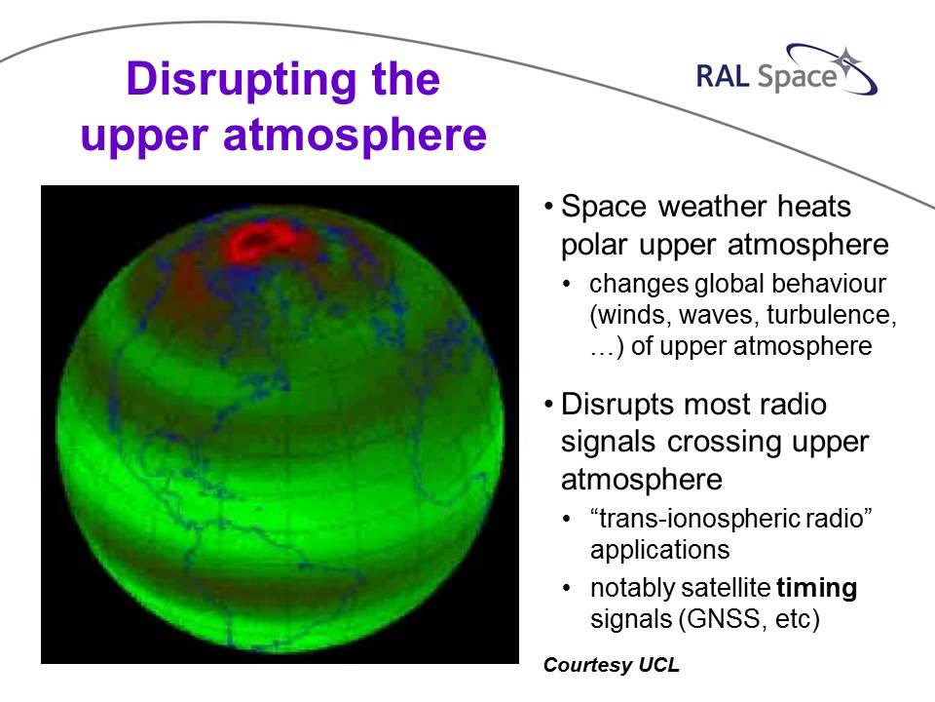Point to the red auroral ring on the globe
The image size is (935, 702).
click(262, 242)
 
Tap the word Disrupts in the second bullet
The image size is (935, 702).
click(620, 404)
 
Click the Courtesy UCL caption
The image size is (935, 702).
click(612, 666)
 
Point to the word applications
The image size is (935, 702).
click(659, 549)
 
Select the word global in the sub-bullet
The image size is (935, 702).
click(721, 286)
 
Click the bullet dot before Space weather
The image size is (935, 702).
click(550, 209)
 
